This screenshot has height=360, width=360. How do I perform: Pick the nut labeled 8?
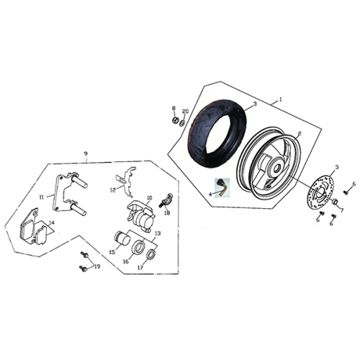coord(176,120)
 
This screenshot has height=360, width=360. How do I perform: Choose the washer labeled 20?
coord(182,124)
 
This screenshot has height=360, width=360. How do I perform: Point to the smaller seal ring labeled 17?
coord(151,255)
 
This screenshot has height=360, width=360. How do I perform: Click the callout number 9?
coord(86,153)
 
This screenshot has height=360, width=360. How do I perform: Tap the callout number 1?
coord(281,99)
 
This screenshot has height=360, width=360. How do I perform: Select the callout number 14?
coord(52,222)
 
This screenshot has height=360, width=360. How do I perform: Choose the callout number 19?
coord(97,266)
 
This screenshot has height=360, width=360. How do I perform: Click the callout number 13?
coord(158,233)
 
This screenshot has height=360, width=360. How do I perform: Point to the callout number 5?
coord(337,167)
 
